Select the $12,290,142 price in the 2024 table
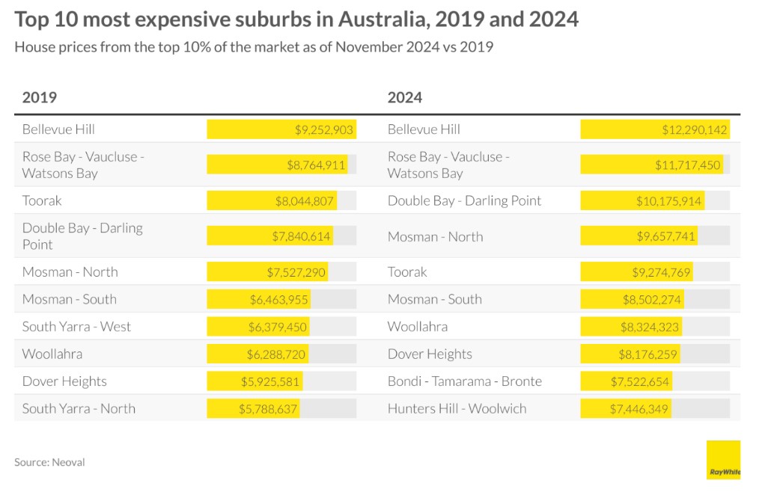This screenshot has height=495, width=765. click(x=694, y=129)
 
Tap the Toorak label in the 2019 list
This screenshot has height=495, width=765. click(x=42, y=200)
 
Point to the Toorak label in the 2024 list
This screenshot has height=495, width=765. click(x=407, y=271)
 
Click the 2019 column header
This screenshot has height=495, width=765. click(x=40, y=97)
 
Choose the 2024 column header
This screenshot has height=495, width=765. click(x=405, y=97)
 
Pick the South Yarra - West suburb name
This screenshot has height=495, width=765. click(x=76, y=326)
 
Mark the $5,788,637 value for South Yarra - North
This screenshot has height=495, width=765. click(x=269, y=408)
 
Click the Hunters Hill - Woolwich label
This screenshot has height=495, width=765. click(x=457, y=408)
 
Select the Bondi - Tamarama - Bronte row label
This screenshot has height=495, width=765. click(x=464, y=381)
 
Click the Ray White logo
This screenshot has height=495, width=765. click(x=723, y=459)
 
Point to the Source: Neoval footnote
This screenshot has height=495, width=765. click(x=49, y=462)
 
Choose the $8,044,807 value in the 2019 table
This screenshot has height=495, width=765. click(x=305, y=200)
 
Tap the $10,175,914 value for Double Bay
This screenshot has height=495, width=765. click(x=669, y=200)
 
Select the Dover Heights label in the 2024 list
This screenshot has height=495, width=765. click(x=430, y=354)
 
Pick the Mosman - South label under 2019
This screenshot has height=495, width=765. click(x=69, y=299)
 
